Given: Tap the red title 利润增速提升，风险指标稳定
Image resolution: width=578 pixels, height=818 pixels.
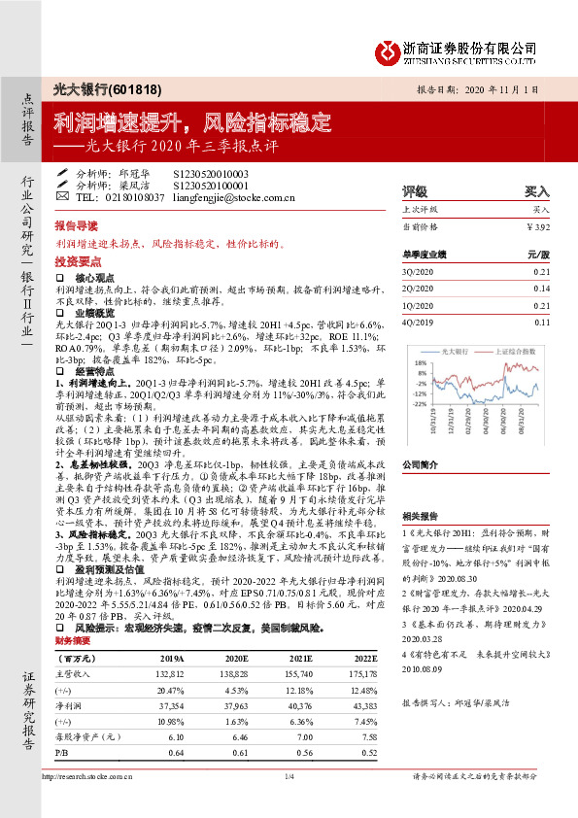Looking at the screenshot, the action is pos(192,123).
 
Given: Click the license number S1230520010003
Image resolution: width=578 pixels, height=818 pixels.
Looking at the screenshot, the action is pos(211,173).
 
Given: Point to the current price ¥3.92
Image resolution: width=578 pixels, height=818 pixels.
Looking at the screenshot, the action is pos(537,226).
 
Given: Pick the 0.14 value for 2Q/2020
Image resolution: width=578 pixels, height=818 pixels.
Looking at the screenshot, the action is pos(541,289).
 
